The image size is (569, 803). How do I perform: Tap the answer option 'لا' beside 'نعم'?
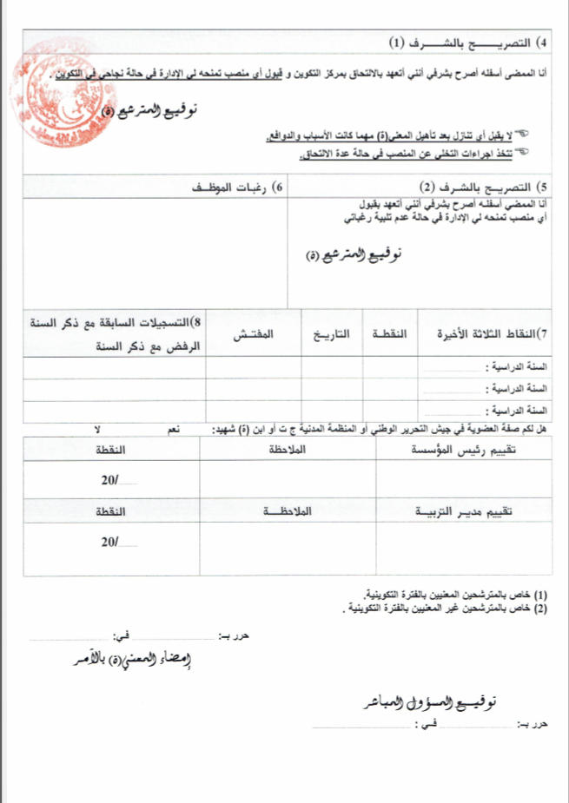[97, 430]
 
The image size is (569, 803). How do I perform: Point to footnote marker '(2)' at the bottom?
[540, 608]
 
